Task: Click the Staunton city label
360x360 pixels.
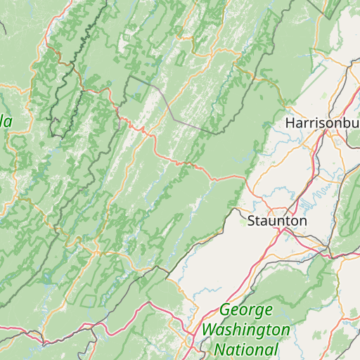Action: (x=277, y=221)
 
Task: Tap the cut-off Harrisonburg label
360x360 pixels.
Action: (x=322, y=122)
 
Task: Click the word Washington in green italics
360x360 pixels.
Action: (x=245, y=330)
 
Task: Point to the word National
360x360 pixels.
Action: (x=246, y=349)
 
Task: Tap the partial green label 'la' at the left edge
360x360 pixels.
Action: (x=6, y=121)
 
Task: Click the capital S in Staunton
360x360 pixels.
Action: (x=252, y=221)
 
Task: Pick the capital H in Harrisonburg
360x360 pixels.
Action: (x=290, y=122)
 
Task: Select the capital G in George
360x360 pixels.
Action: (x=226, y=310)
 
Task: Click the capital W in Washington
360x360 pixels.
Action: (x=209, y=330)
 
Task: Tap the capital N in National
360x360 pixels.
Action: (x=220, y=349)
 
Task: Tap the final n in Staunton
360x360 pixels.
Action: (x=303, y=221)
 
